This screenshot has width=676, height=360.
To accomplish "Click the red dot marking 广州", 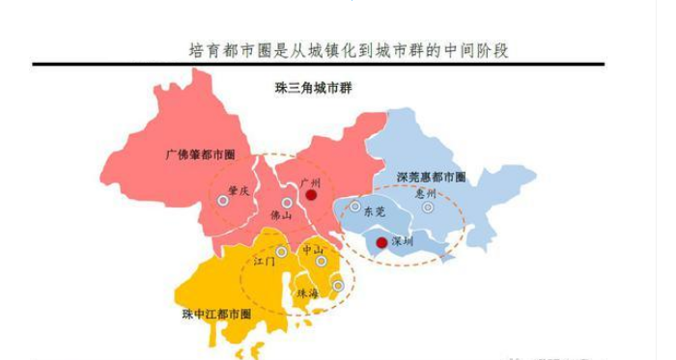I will (x=311, y=195).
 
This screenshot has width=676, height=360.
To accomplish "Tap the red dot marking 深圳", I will (x=382, y=242).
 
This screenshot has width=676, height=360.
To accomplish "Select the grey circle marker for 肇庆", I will (x=223, y=200).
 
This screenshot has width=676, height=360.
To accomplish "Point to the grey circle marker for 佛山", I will (x=287, y=203).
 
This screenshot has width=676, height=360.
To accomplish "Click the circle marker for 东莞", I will (x=355, y=206).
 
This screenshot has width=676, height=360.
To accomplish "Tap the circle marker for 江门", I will (x=281, y=252).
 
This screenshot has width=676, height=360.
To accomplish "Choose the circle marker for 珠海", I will (x=338, y=285).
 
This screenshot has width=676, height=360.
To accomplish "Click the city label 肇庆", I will (x=239, y=190).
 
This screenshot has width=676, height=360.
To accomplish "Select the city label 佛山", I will (x=281, y=216).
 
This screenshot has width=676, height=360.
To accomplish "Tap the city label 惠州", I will (x=425, y=193).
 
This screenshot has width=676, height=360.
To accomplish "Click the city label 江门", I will (x=264, y=262).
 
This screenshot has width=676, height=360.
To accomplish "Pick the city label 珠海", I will (x=308, y=291).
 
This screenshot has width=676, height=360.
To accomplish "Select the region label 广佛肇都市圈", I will (x=201, y=153).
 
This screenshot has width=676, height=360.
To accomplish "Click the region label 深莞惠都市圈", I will (x=431, y=178).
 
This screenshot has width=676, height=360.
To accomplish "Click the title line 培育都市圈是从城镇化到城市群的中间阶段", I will (x=348, y=48).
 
